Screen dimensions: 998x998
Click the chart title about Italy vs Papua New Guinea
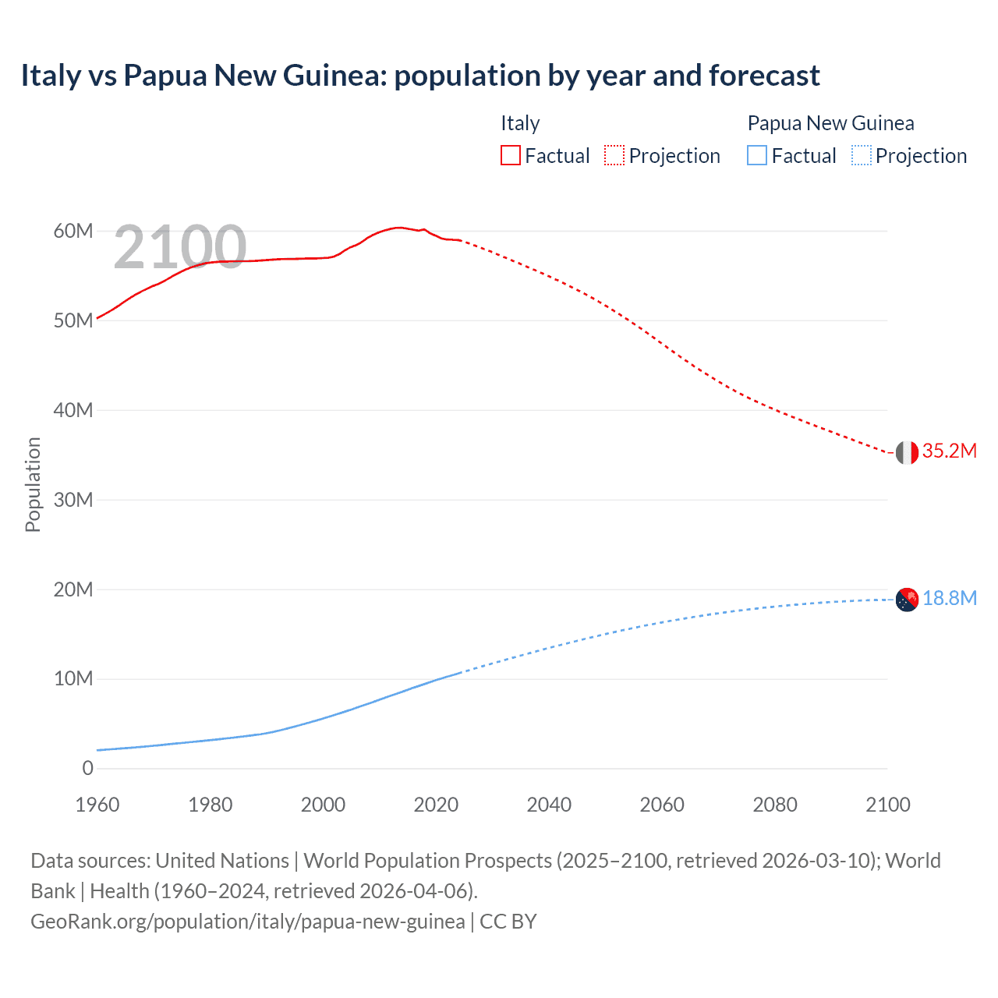[x=419, y=76]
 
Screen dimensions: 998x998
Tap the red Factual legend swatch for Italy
[x=510, y=155]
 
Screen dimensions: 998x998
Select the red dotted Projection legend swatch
[x=614, y=155]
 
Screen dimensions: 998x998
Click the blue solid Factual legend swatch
[x=757, y=155]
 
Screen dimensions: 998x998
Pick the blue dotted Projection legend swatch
[x=862, y=155]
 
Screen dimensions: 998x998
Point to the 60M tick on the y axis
[x=73, y=231]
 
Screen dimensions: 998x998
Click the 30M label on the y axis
[x=73, y=500]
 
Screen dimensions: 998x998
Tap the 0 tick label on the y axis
[x=87, y=768]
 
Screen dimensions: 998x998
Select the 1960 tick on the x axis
[x=97, y=805]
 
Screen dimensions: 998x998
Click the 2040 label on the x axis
[x=549, y=805]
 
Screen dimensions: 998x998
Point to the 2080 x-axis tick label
[x=775, y=805]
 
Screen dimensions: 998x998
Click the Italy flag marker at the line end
[x=907, y=452]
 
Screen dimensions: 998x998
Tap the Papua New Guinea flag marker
[x=907, y=600]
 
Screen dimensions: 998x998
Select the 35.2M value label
[x=949, y=451]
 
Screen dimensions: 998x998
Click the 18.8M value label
[x=949, y=598]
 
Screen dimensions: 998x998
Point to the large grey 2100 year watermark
[x=180, y=247]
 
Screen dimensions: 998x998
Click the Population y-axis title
[x=33, y=484]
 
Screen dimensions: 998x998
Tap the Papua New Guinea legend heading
[x=830, y=123]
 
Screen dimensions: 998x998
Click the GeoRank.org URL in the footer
[x=247, y=922]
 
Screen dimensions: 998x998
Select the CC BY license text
[x=508, y=922]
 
